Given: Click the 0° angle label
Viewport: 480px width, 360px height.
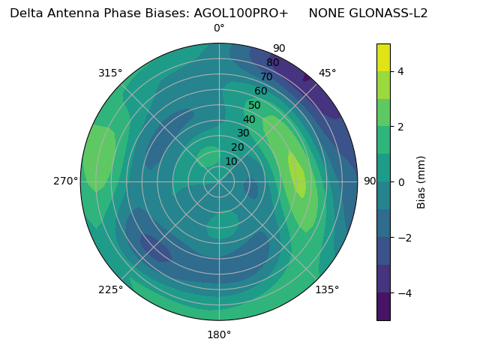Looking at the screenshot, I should (219, 28).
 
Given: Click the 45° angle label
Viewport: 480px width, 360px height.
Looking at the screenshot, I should (327, 73).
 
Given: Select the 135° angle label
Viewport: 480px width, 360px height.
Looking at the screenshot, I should (327, 289).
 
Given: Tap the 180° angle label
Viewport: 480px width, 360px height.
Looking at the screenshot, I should (219, 334).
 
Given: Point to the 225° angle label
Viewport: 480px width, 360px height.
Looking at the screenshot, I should (110, 290).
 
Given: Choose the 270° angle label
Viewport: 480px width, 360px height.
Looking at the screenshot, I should (66, 181).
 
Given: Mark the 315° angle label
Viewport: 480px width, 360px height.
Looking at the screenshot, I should (110, 73).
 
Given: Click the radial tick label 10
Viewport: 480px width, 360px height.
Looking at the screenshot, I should (231, 161).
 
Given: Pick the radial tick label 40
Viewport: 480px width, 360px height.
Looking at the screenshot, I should (249, 119).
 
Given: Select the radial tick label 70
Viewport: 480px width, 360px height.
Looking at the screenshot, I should (266, 76).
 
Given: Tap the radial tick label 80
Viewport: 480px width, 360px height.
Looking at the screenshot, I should (272, 62).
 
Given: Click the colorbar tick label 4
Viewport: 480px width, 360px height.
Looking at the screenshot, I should (400, 71).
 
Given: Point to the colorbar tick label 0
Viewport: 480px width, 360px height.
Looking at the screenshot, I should (400, 182).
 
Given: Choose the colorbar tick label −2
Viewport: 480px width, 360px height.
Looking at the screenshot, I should (403, 238).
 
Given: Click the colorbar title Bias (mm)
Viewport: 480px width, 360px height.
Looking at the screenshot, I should (421, 182).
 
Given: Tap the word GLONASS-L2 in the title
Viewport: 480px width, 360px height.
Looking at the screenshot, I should (368, 13).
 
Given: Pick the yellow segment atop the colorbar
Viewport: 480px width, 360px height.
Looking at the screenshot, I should (383, 57).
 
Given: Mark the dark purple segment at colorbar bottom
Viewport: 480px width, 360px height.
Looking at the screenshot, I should (383, 307).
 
